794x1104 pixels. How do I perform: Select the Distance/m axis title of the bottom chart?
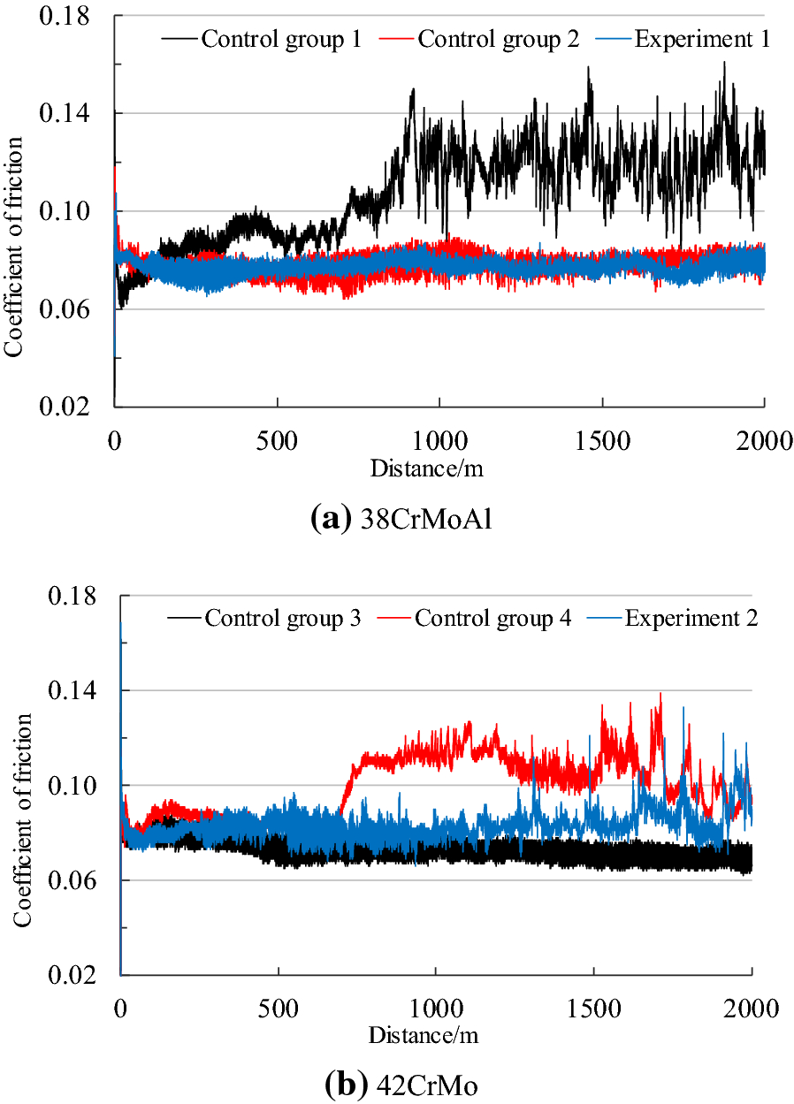[427, 1033]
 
